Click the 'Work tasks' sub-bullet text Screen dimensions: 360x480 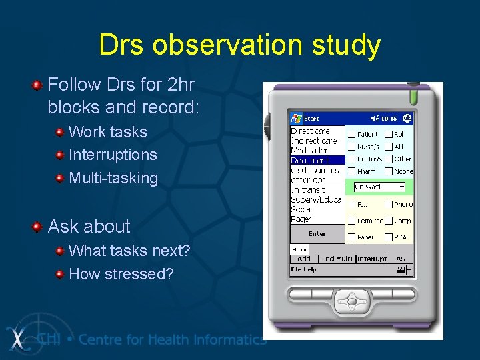point(107,132)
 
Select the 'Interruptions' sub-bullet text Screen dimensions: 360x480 point(113,155)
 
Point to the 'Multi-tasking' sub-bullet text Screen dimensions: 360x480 point(113,178)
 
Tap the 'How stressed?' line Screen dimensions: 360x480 point(121,274)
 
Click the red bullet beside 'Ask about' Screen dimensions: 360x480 point(38,227)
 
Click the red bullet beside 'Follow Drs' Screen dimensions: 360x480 point(38,85)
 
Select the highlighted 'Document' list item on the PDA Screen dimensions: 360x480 point(310,160)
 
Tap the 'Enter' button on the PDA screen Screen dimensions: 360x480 point(317,234)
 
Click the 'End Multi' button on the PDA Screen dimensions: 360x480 point(337,259)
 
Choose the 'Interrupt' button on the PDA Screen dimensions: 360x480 point(372,259)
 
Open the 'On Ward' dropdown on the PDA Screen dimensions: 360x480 point(379,187)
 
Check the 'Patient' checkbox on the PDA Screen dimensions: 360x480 point(351,134)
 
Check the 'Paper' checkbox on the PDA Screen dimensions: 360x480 point(351,237)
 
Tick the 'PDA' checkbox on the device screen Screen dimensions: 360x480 point(389,237)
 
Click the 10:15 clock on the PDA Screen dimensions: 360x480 point(389,118)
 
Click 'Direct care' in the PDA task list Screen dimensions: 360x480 point(311,131)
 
